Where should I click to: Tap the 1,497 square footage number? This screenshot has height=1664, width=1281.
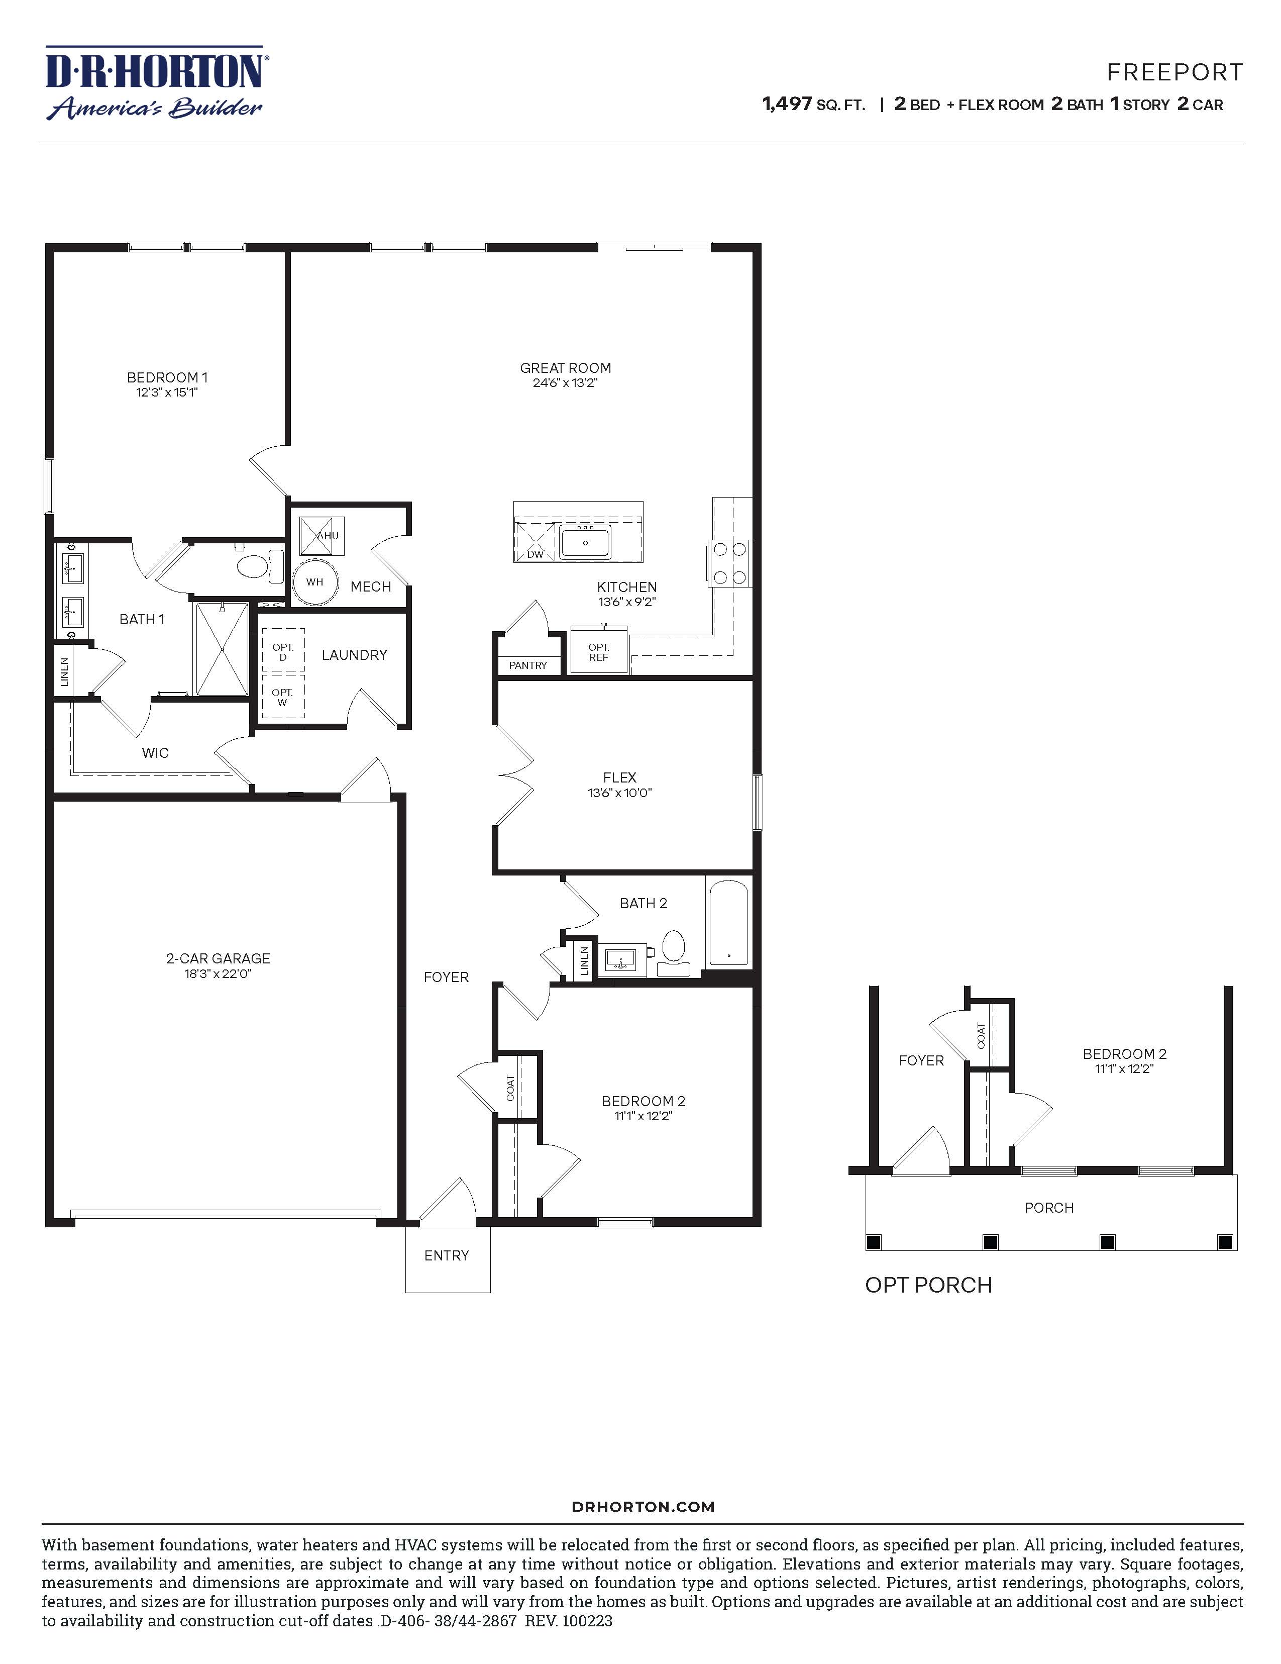point(787,105)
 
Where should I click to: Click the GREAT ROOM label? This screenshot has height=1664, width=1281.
point(565,368)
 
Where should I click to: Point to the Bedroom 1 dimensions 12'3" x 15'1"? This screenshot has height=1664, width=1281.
point(167,393)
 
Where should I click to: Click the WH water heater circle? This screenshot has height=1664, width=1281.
point(314,582)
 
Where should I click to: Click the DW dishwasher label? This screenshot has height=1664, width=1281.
point(536,554)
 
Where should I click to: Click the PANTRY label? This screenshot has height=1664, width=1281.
point(528,665)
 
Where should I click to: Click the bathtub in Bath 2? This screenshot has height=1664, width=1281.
point(728,922)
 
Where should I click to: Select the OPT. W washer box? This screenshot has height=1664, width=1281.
point(282,697)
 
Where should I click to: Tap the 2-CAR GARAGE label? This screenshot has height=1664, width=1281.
point(218,958)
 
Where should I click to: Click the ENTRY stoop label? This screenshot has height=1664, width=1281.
point(446,1255)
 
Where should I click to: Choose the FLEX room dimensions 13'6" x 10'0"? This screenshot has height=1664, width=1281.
point(619,793)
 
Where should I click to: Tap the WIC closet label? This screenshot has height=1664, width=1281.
point(155,753)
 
